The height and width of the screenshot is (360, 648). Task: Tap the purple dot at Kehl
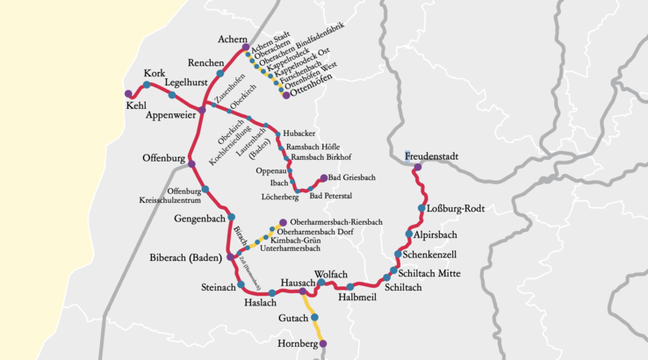[129, 93]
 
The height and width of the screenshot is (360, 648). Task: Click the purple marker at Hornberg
[323, 343]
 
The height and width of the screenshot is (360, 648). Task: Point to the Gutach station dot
[314, 317]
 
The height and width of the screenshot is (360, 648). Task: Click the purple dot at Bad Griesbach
[324, 177]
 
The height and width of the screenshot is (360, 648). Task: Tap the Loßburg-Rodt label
[454, 208]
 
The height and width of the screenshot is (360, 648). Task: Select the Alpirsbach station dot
[409, 234]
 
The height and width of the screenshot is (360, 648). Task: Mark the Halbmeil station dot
[350, 287]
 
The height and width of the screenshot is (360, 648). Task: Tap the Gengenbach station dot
[232, 217]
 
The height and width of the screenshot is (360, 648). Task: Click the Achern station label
[233, 40]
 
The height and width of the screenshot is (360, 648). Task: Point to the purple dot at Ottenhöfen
[286, 95]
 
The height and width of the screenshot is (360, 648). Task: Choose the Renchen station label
[207, 62]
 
